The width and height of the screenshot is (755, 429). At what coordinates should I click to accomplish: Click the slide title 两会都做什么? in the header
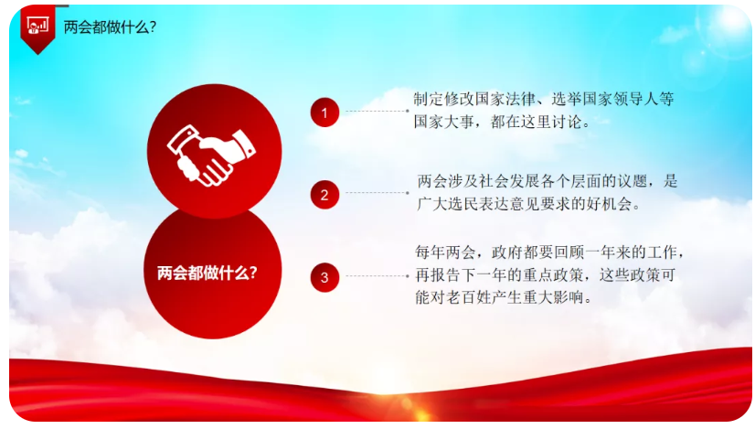[111, 27]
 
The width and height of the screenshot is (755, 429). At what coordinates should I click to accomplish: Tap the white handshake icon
[211, 156]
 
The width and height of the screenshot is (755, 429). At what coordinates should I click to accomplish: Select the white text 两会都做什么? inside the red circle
[207, 273]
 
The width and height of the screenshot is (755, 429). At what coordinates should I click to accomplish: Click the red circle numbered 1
[324, 113]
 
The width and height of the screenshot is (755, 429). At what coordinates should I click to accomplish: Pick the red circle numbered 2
[324, 195]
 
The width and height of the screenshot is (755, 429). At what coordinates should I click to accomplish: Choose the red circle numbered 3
[324, 277]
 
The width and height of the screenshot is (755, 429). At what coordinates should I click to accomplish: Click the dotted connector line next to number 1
[377, 111]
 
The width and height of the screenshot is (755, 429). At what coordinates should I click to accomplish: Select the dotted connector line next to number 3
[377, 276]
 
